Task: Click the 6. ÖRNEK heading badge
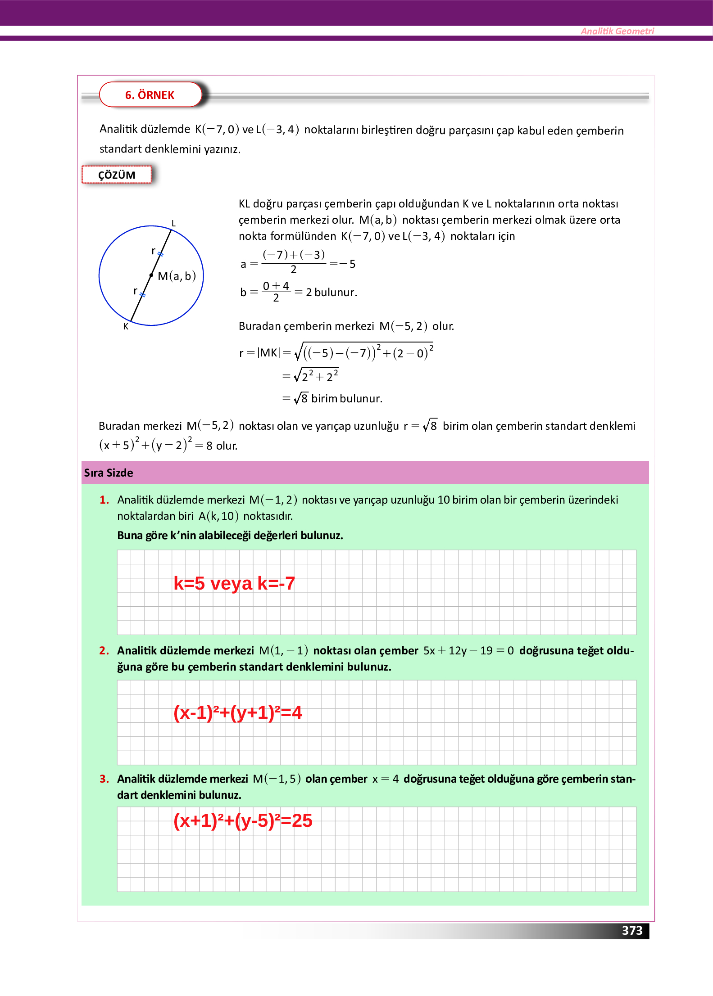point(150,95)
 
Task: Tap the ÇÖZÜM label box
point(117,175)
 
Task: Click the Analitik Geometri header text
point(617,31)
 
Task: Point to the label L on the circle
point(173,223)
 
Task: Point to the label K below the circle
point(126,327)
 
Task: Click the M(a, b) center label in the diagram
point(177,276)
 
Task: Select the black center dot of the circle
point(151,275)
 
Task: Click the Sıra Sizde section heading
point(109,473)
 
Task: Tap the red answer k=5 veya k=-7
point(234,583)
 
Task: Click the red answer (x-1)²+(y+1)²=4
point(238,712)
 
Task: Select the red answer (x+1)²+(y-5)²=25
point(243,820)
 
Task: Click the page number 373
point(632,930)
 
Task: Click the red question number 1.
point(104,500)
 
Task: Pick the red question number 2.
point(104,651)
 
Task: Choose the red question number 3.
point(104,779)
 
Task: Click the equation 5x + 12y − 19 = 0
point(468,651)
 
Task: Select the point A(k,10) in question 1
point(218,516)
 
